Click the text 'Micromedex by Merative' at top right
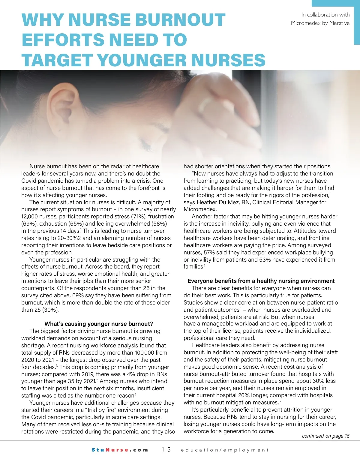[320, 23]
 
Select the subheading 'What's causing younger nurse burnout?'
[99, 324]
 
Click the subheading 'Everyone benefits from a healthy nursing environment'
[261, 281]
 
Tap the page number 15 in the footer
[166, 449]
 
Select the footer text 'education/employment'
[225, 450]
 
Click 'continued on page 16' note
[325, 436]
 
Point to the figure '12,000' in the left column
[30, 217]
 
